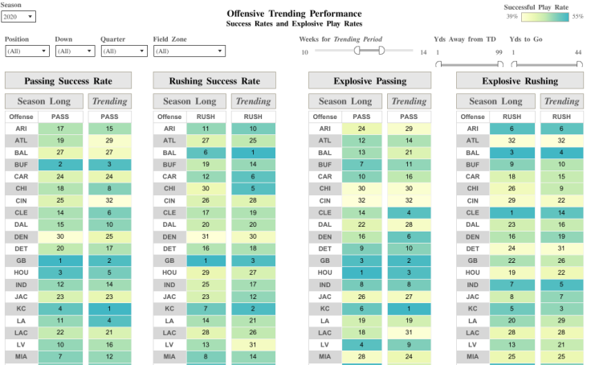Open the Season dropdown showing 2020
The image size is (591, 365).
point(19,16)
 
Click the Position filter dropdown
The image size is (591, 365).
point(26,51)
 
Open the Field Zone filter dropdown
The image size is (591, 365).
point(189,51)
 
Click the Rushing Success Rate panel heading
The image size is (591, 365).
point(214,80)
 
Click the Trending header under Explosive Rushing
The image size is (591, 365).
point(561,101)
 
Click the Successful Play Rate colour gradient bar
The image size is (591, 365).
point(544,16)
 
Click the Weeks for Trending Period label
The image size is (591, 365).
point(340,39)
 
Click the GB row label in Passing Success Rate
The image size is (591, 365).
point(21,260)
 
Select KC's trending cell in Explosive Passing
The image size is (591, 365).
point(409,308)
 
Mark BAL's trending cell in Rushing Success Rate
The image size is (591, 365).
point(253,152)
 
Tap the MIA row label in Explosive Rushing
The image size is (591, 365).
point(473,355)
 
